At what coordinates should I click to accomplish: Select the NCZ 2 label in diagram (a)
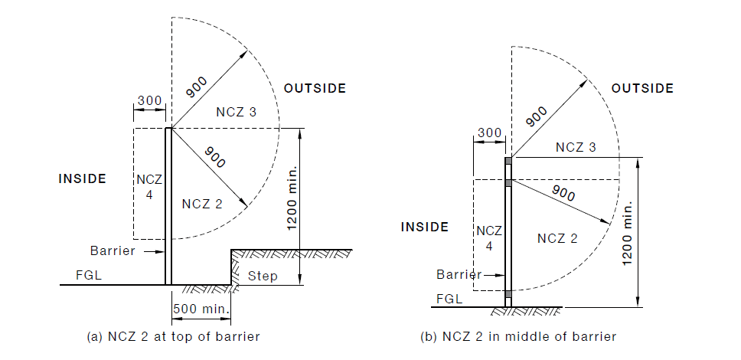[203, 204]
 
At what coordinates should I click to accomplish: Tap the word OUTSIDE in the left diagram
[315, 88]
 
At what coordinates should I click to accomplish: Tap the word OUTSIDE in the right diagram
[642, 88]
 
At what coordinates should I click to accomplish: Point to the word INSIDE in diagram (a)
[82, 178]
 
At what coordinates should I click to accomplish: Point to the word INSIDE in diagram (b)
[425, 227]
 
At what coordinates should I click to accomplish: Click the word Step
[264, 276]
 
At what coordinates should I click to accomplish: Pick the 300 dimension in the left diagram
[149, 101]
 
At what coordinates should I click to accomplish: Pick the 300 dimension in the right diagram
[490, 133]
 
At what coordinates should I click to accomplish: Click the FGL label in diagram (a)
[87, 274]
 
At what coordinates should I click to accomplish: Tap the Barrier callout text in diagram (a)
[113, 250]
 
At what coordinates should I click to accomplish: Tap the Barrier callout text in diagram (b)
[459, 274]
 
